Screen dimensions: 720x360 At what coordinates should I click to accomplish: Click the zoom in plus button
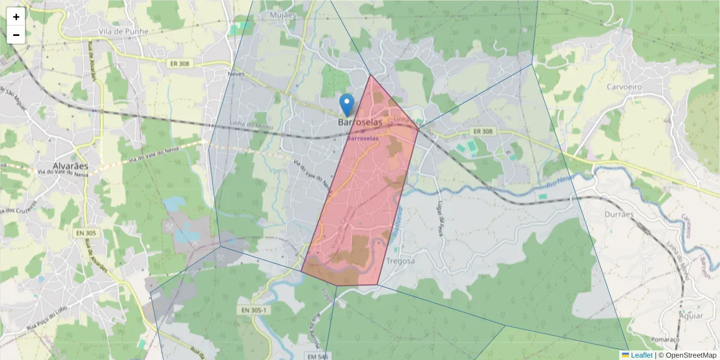[x=16, y=17]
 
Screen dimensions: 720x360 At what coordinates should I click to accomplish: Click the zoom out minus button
[x=16, y=35]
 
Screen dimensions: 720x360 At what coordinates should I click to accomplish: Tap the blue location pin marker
[x=347, y=104]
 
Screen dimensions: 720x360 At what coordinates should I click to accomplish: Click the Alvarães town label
[x=70, y=166]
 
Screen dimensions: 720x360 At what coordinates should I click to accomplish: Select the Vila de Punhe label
[x=124, y=31]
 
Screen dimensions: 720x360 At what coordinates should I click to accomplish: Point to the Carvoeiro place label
[x=624, y=86]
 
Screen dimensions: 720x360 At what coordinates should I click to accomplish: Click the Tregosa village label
[x=401, y=261]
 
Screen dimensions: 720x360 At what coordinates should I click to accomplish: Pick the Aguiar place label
[x=691, y=314]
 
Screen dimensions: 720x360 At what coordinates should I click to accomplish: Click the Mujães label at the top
[x=283, y=14]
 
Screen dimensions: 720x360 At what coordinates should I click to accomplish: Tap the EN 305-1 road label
[x=254, y=310]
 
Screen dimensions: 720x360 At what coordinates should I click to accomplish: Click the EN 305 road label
[x=86, y=232]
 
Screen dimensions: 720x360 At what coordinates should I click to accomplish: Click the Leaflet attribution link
[x=641, y=355]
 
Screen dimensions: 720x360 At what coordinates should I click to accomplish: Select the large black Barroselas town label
[x=360, y=122]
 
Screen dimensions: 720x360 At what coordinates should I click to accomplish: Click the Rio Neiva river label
[x=561, y=181]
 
